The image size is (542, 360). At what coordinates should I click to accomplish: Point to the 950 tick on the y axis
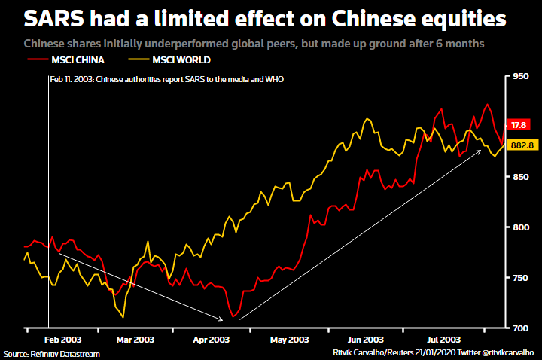tap(521, 76)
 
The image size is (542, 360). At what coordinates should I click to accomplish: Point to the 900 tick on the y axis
tap(521, 127)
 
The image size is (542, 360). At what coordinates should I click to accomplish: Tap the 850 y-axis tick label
tap(521, 177)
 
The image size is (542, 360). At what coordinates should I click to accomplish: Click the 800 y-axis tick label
tap(521, 227)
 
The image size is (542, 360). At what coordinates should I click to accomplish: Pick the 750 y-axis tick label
tap(521, 278)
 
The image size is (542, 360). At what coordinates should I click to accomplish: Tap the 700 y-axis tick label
tap(521, 328)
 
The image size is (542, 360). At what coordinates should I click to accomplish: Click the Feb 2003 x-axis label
tap(62, 340)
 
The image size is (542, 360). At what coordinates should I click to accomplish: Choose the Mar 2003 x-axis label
tap(135, 340)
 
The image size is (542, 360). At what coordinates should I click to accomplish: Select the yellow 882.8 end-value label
tap(522, 145)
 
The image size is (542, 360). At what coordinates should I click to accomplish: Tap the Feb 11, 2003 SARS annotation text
tap(166, 78)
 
